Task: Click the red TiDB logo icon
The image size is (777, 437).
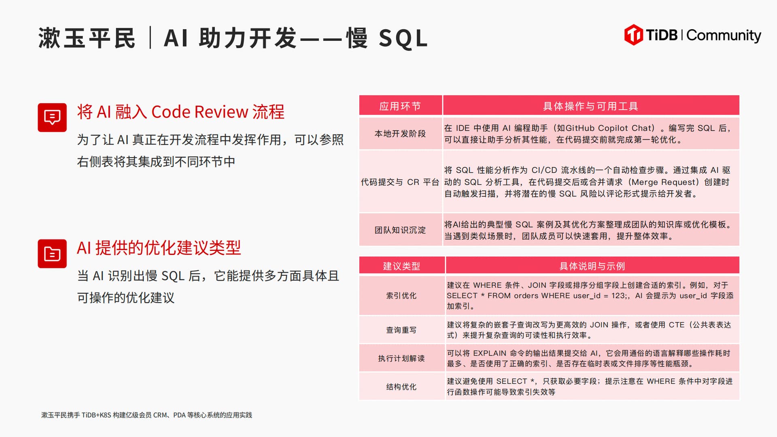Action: (633, 35)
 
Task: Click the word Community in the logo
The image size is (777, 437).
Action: (724, 36)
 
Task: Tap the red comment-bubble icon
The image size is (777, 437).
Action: (52, 117)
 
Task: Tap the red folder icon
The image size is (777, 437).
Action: (52, 254)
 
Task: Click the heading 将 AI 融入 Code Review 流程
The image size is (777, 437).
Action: (180, 112)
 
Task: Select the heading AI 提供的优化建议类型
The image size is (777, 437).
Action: (159, 248)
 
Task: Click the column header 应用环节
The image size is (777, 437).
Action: (400, 106)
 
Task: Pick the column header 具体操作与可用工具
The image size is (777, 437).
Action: (591, 106)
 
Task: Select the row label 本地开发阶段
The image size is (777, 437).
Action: (400, 134)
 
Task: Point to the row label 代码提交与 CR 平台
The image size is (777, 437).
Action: (400, 182)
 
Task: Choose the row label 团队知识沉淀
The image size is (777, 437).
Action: (400, 230)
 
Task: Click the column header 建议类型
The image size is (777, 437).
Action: (401, 266)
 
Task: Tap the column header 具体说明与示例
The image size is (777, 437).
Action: (592, 266)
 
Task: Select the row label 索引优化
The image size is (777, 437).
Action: (401, 295)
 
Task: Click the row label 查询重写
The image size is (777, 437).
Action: (401, 330)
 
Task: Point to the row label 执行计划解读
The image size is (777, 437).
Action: (401, 358)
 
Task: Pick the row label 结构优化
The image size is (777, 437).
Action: (401, 386)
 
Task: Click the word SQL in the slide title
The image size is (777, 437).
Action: (403, 38)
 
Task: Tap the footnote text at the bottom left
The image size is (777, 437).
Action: (146, 415)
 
